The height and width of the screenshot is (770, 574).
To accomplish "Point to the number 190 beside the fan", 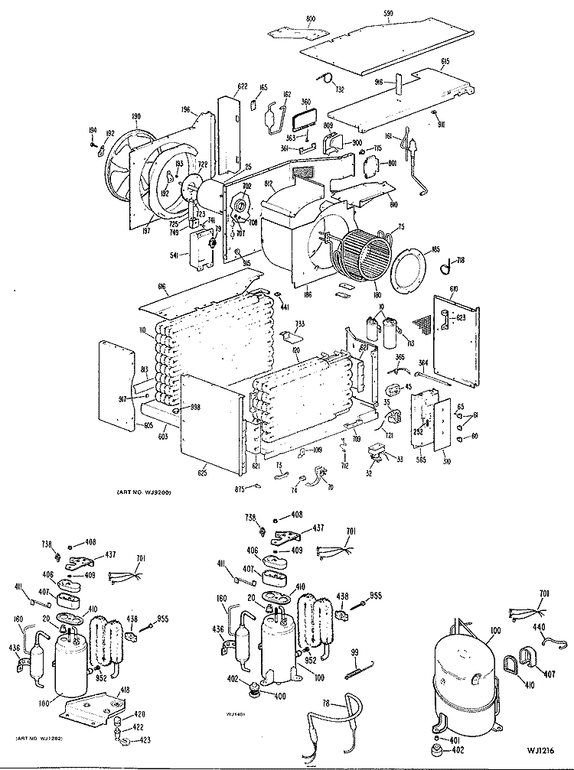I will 136,117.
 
